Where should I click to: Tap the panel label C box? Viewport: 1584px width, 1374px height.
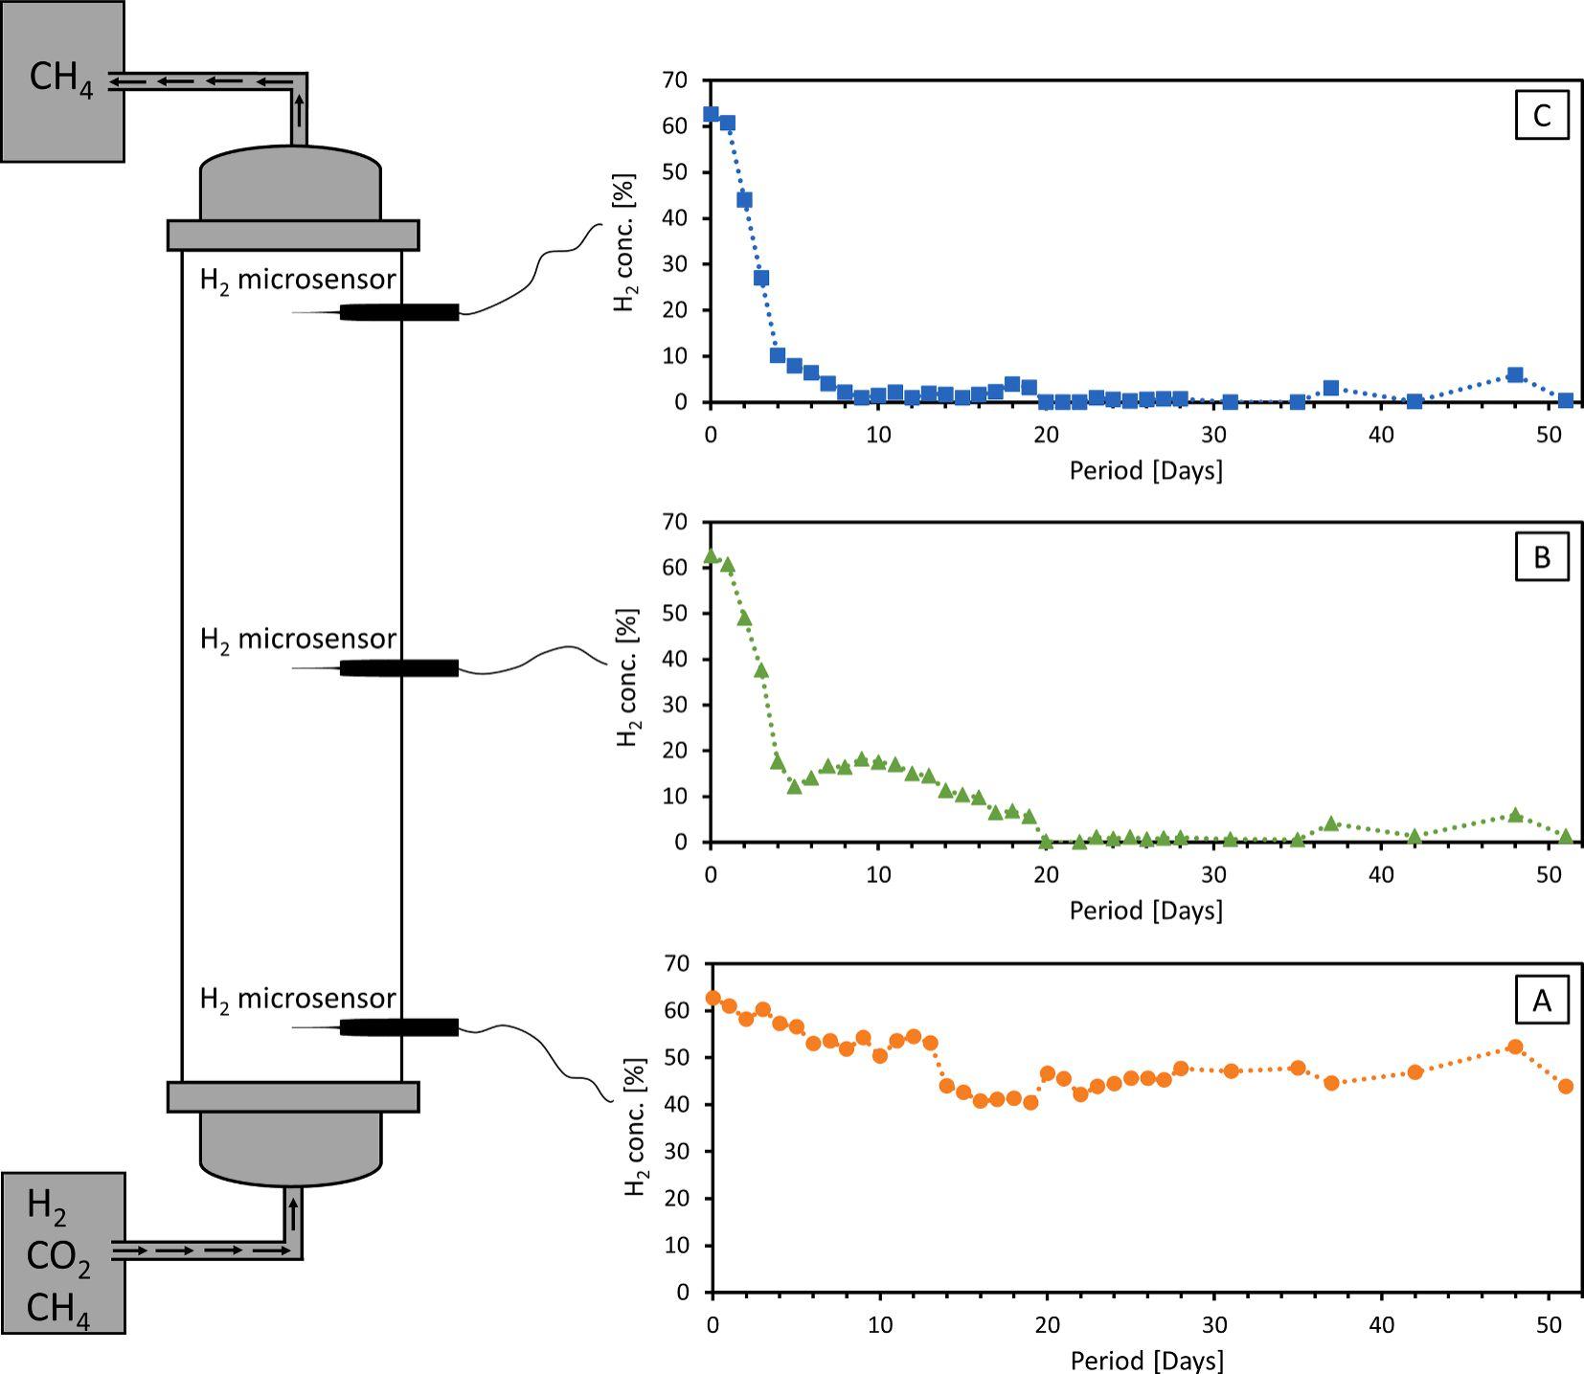tap(1541, 116)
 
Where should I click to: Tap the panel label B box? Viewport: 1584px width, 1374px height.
tap(1541, 557)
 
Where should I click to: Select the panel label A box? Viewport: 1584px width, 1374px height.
tap(1541, 1001)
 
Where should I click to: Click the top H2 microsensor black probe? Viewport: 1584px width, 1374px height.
tap(399, 312)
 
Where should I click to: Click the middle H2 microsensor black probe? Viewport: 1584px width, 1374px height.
tap(399, 668)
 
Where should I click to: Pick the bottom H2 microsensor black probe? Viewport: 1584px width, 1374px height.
tap(399, 1027)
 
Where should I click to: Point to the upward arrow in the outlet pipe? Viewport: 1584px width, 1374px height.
tap(300, 110)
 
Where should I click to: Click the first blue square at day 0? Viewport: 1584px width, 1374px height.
tap(711, 114)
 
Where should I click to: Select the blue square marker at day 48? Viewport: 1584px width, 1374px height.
tap(1515, 374)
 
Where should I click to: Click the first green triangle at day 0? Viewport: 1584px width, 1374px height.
tap(711, 555)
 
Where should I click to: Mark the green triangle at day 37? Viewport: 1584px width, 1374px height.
tap(1330, 823)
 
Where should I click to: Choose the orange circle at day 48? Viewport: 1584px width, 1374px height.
tap(1515, 1047)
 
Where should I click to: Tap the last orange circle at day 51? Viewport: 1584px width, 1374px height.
tap(1566, 1086)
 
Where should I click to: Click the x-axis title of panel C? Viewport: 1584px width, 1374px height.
tap(1145, 471)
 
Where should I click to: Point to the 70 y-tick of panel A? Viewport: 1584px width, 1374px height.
tap(676, 963)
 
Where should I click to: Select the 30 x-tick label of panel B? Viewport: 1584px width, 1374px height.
tap(1213, 874)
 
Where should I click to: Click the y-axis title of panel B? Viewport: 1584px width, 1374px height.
tap(628, 677)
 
